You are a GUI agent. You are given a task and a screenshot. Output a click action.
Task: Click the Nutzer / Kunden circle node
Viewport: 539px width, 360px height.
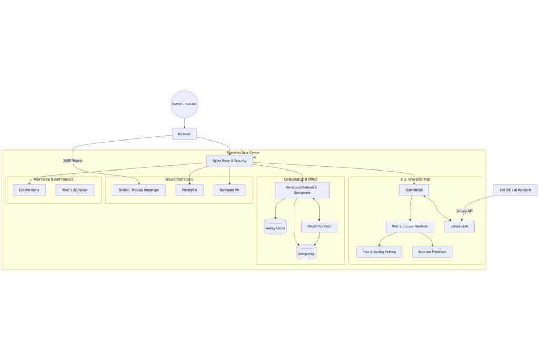pyautogui.click(x=184, y=104)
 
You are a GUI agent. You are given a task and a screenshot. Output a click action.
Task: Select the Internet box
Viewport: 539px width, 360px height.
pyautogui.click(x=184, y=134)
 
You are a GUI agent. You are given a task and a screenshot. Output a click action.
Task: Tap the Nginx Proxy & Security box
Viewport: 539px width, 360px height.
pyautogui.click(x=229, y=161)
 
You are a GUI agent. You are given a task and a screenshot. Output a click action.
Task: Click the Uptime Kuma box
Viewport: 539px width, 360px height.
pyautogui.click(x=29, y=189)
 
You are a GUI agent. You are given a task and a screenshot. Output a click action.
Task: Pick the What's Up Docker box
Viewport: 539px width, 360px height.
pyautogui.click(x=75, y=189)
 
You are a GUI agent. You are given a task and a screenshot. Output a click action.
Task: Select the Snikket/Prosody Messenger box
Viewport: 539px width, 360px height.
pyautogui.click(x=136, y=189)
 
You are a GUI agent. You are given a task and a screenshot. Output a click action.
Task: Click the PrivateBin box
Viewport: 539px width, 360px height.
pyautogui.click(x=189, y=189)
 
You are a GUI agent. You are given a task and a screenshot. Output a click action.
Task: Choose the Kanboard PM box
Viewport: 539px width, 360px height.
pyautogui.click(x=229, y=189)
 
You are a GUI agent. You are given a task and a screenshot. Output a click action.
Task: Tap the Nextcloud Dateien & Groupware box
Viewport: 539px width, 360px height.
pyautogui.click(x=302, y=190)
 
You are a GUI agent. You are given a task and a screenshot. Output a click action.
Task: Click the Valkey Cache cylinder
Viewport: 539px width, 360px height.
pyautogui.click(x=275, y=227)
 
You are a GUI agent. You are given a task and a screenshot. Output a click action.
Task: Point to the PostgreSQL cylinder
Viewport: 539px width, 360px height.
pyautogui.click(x=307, y=253)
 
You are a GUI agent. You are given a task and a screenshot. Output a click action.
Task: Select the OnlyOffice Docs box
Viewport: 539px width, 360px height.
pyautogui.click(x=319, y=226)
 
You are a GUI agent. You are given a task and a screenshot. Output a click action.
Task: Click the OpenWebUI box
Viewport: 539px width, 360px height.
pyautogui.click(x=414, y=189)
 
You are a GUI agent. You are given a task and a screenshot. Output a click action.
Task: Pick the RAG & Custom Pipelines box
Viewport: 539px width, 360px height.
pyautogui.click(x=410, y=226)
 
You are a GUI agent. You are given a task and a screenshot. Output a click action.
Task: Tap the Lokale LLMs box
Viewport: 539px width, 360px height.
pyautogui.click(x=460, y=226)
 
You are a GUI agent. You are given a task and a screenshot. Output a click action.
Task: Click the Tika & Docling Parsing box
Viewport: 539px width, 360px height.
pyautogui.click(x=380, y=252)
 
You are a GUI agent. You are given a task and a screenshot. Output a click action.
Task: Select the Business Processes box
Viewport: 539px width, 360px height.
pyautogui.click(x=432, y=252)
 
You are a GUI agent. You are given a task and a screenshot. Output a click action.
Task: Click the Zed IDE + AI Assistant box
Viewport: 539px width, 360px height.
pyautogui.click(x=515, y=189)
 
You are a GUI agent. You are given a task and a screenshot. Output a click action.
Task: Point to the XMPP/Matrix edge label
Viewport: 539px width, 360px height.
pyautogui.click(x=73, y=161)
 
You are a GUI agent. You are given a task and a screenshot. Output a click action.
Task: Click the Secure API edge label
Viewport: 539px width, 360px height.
pyautogui.click(x=465, y=211)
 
